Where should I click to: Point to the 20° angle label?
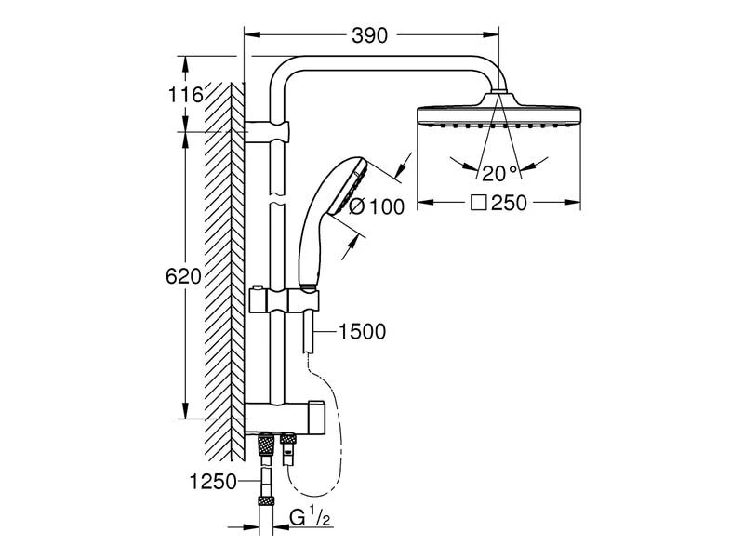(498, 171)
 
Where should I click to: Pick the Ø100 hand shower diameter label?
(376, 206)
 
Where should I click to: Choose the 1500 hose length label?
(363, 330)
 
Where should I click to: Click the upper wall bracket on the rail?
(269, 131)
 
